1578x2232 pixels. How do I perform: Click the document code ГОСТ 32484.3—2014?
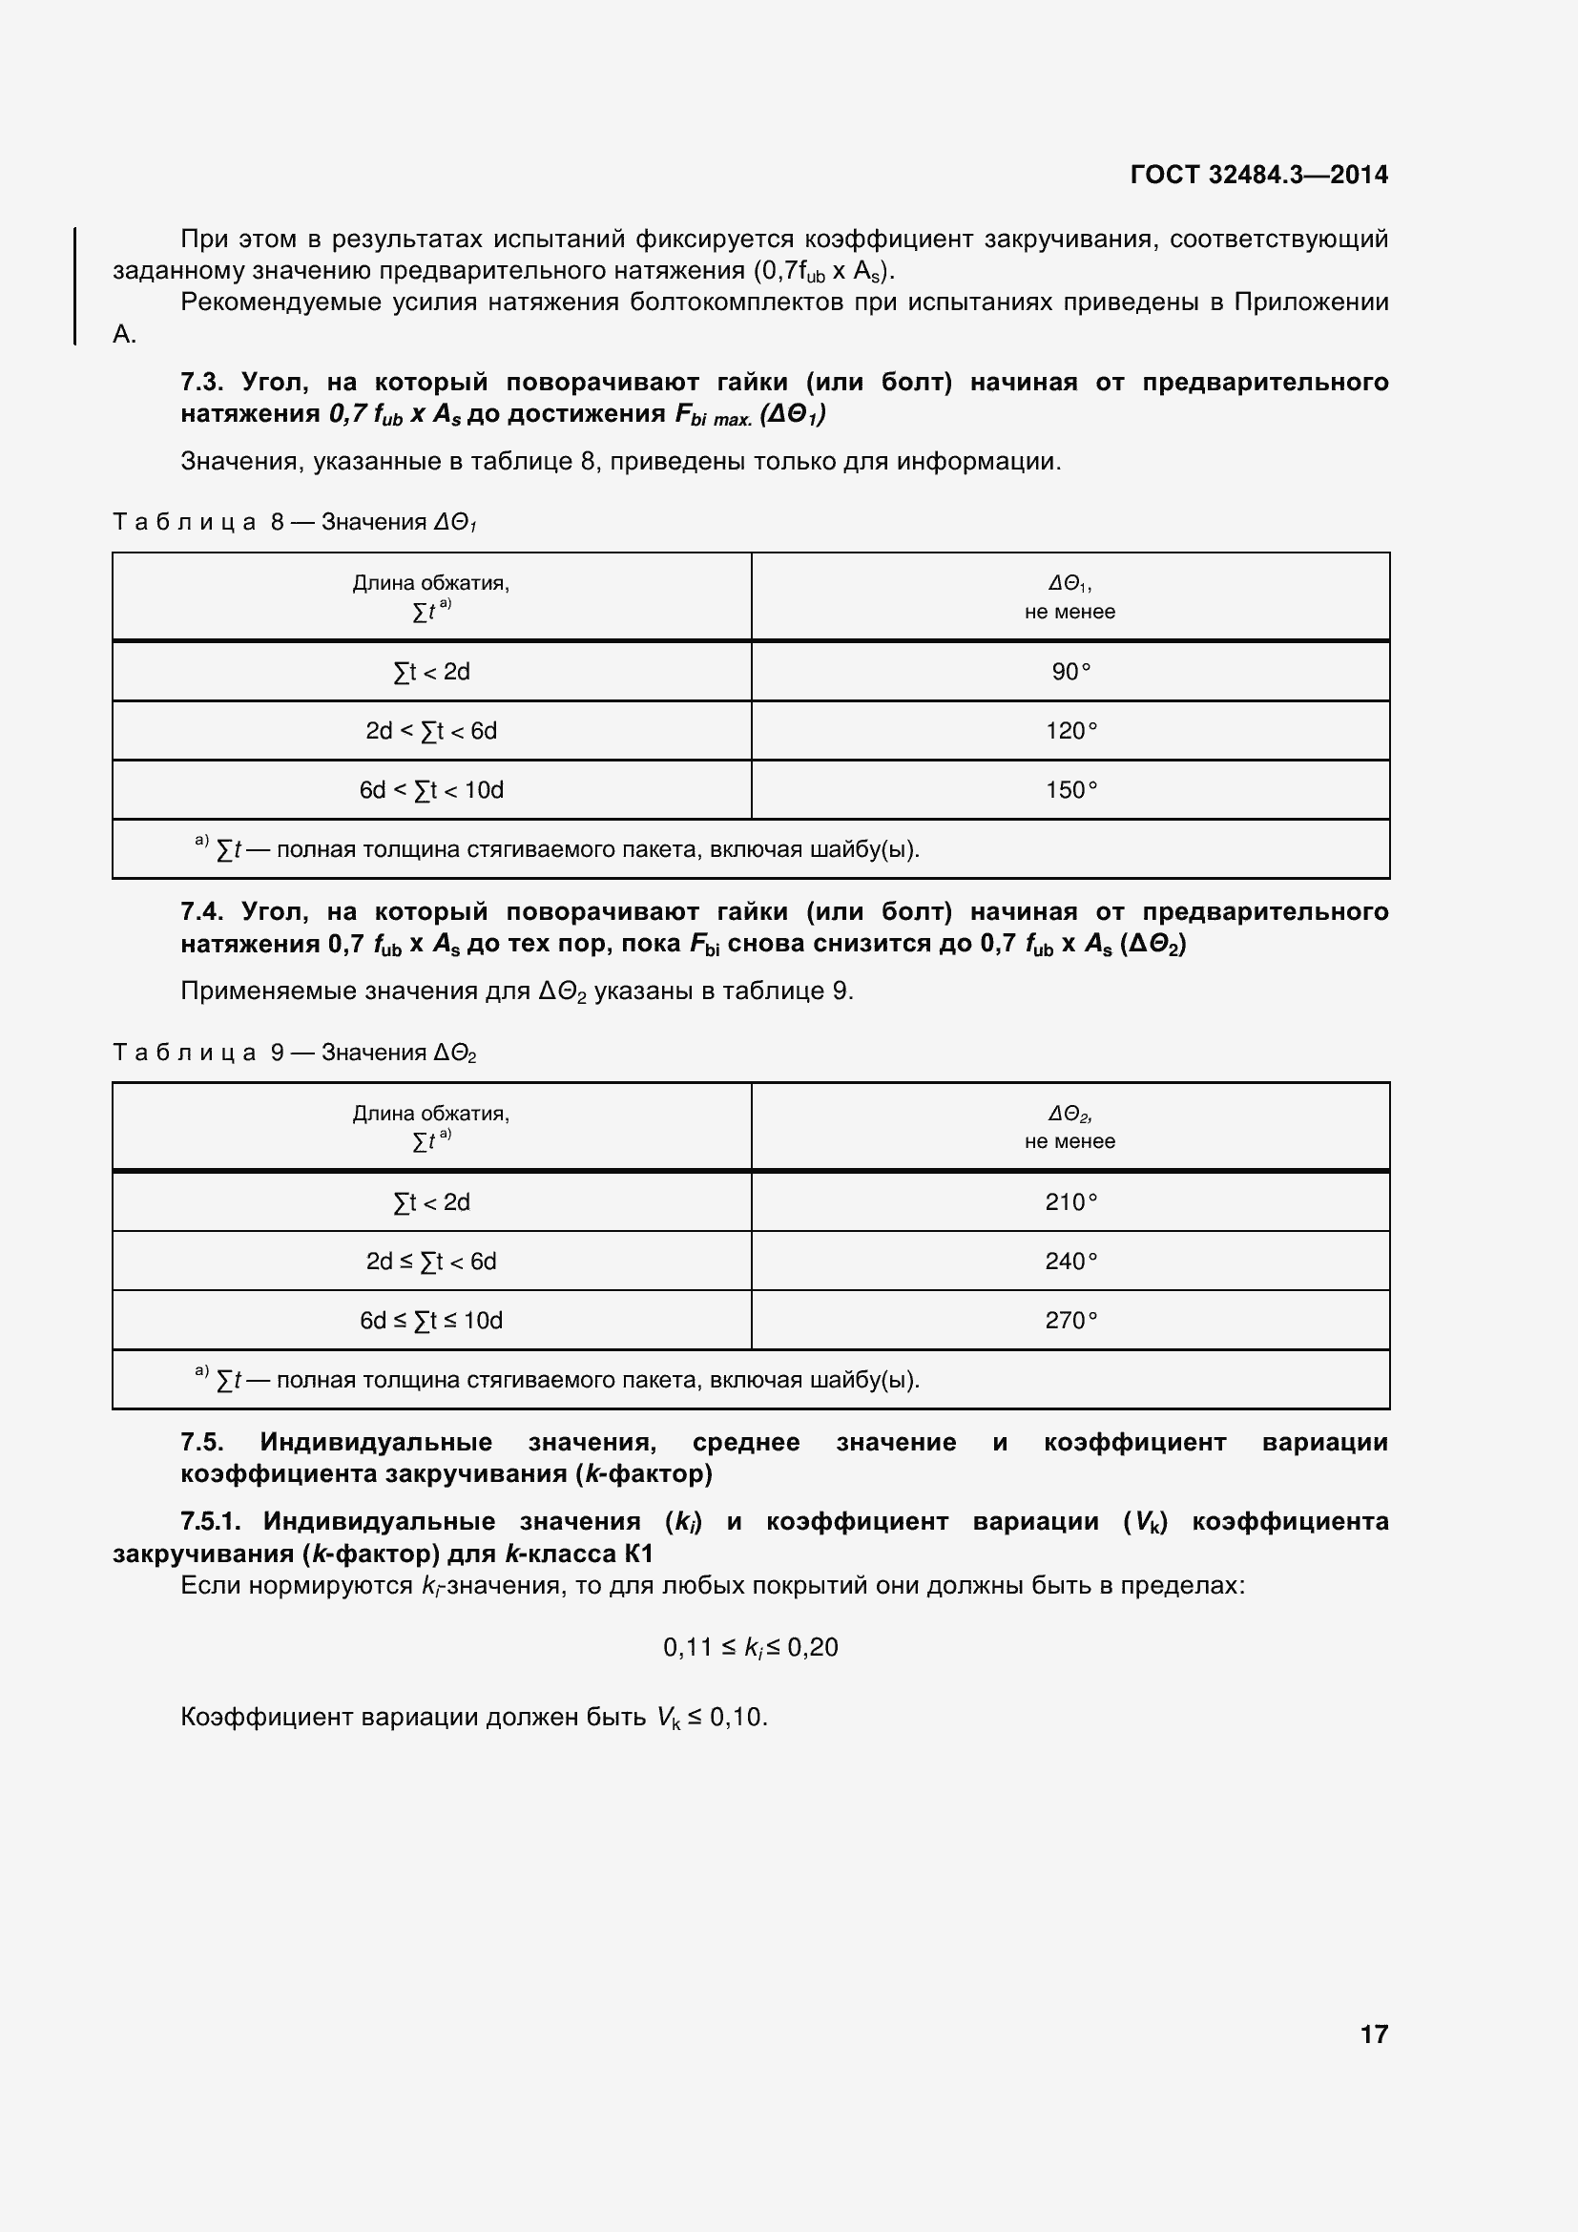[x=1258, y=175]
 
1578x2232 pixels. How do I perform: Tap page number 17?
[x=1373, y=2034]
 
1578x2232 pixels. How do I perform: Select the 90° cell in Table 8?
[x=1069, y=672]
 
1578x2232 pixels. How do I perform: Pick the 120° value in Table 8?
[x=1069, y=731]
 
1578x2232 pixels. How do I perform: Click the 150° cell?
[x=1069, y=790]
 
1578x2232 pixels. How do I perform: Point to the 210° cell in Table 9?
[x=1069, y=1202]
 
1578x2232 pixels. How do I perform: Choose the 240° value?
[x=1069, y=1262]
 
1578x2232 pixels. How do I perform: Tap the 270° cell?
[x=1069, y=1321]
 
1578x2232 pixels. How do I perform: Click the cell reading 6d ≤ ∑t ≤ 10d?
[x=430, y=1321]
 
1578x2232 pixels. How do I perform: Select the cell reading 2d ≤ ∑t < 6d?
[x=430, y=1262]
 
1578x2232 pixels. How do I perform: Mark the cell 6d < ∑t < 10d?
[x=430, y=790]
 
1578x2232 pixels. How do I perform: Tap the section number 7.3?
[x=201, y=382]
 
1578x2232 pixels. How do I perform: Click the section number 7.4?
[x=201, y=912]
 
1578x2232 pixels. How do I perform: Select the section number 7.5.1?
[x=210, y=1521]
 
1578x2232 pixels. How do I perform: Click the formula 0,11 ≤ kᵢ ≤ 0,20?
[x=750, y=1648]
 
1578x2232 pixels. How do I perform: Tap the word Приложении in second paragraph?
[x=1311, y=302]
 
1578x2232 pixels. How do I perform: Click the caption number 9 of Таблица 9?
[x=278, y=1053]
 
